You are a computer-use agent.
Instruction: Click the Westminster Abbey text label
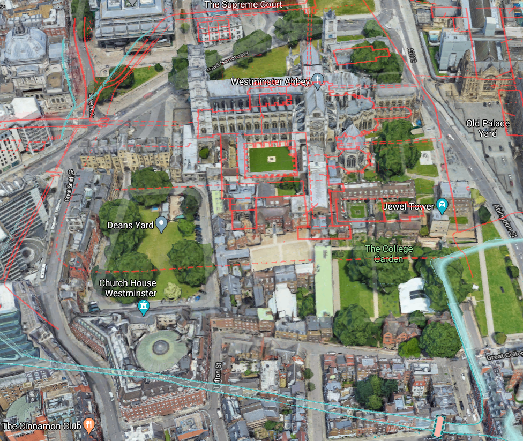pyautogui.click(x=270, y=81)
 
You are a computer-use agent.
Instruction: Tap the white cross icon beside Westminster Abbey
pyautogui.click(x=318, y=81)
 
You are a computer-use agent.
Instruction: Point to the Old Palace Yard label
pyautogui.click(x=488, y=128)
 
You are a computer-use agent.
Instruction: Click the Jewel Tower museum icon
pyautogui.click(x=442, y=206)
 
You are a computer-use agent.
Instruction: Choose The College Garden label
pyautogui.click(x=388, y=253)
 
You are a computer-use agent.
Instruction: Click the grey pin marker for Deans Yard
pyautogui.click(x=161, y=225)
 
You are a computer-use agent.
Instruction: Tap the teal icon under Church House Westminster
pyautogui.click(x=143, y=307)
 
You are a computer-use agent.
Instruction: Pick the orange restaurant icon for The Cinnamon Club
pyautogui.click(x=89, y=426)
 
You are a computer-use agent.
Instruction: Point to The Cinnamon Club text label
pyautogui.click(x=41, y=426)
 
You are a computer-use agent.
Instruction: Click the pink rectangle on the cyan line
pyautogui.click(x=438, y=427)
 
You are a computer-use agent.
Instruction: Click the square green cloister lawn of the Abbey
pyautogui.click(x=271, y=159)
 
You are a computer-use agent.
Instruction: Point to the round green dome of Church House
pyautogui.click(x=161, y=348)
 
